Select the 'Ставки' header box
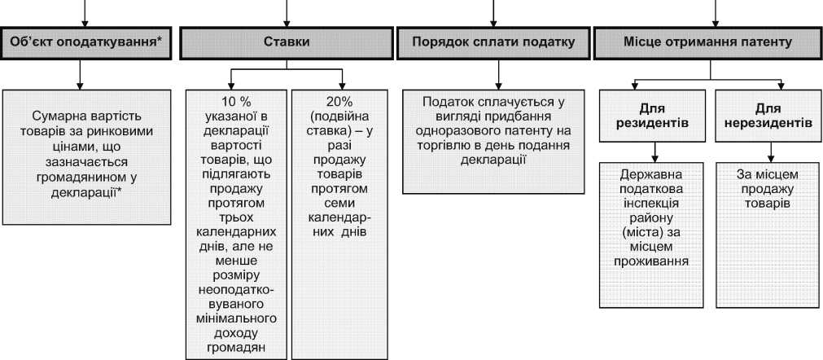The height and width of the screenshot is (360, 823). (x=286, y=43)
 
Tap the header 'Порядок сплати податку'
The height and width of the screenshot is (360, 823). (x=493, y=43)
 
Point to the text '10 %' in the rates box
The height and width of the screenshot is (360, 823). (x=236, y=101)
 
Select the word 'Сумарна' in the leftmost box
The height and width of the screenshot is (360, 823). (x=59, y=116)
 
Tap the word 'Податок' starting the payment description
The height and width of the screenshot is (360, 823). (x=449, y=102)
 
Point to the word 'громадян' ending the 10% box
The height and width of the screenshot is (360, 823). (x=236, y=349)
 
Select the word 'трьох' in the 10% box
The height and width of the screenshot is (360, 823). (x=236, y=218)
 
